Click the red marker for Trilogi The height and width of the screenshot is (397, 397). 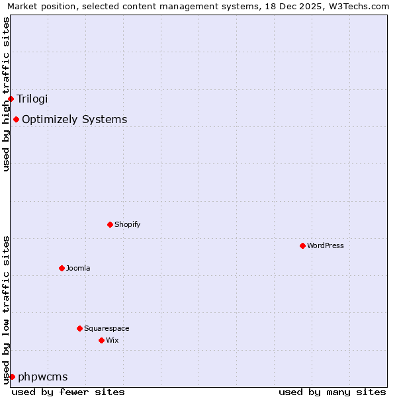tap(11, 99)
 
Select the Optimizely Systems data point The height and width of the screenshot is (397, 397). tap(16, 119)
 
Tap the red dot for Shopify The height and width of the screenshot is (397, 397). tap(110, 224)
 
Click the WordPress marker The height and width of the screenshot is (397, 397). tap(302, 245)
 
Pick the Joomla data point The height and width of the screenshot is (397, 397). tap(62, 268)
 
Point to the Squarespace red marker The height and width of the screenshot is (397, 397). tap(79, 328)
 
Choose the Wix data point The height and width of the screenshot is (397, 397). tap(101, 340)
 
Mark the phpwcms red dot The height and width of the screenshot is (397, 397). tap(12, 376)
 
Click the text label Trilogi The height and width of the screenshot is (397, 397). tap(32, 99)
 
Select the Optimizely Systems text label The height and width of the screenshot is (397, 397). tap(74, 120)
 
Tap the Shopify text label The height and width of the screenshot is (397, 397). tap(127, 225)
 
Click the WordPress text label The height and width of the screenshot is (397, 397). tap(325, 246)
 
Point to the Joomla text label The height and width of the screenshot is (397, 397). tap(78, 269)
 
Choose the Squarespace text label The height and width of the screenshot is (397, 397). tap(107, 329)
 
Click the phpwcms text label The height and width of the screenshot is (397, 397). tap(42, 377)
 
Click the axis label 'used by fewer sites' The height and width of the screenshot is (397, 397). tap(68, 392)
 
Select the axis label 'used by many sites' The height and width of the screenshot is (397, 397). tap(332, 392)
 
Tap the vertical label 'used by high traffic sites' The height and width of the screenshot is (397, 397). tap(6, 94)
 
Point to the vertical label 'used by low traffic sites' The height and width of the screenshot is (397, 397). tap(6, 310)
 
